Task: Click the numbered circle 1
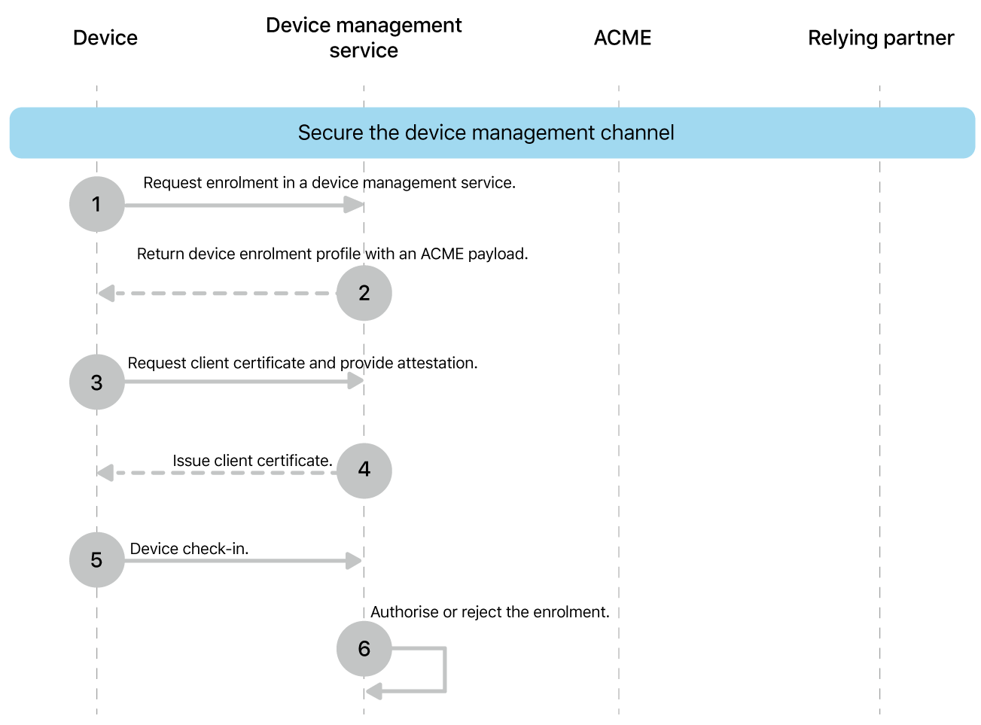tap(96, 204)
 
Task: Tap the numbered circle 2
tap(364, 293)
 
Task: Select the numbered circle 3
tap(96, 382)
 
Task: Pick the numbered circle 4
tap(364, 470)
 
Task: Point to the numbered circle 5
tap(96, 560)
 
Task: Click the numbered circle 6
tap(364, 648)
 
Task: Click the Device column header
tap(105, 38)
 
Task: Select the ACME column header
tap(622, 38)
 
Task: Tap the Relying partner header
tap(880, 38)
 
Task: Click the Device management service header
tap(364, 38)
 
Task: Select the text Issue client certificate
tap(252, 461)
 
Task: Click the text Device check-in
tap(189, 549)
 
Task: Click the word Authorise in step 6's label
tap(404, 612)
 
